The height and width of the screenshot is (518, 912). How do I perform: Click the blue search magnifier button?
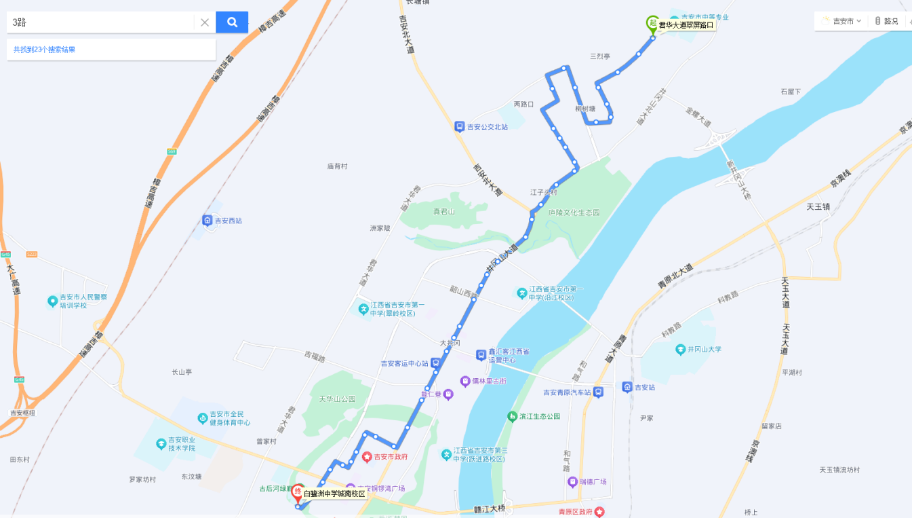232,22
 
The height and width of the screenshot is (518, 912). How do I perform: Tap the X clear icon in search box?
205,22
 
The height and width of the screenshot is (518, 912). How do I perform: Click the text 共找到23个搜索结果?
45,50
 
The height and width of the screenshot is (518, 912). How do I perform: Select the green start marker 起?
652,24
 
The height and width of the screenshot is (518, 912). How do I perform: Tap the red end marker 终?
297,494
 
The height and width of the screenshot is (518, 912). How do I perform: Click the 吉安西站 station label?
228,221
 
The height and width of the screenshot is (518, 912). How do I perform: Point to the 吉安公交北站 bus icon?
459,126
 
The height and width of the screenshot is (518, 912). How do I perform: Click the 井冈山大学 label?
704,350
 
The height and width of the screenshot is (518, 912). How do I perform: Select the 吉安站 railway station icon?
627,387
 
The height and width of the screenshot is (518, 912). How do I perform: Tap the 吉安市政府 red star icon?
367,457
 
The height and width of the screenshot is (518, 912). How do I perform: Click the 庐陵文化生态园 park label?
574,212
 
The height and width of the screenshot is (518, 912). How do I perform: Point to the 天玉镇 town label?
818,206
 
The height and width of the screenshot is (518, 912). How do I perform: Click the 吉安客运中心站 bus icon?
435,363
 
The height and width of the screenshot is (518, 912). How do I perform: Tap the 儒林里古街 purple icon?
465,381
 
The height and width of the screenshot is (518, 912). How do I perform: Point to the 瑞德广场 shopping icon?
572,482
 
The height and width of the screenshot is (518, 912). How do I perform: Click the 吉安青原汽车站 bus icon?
598,392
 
